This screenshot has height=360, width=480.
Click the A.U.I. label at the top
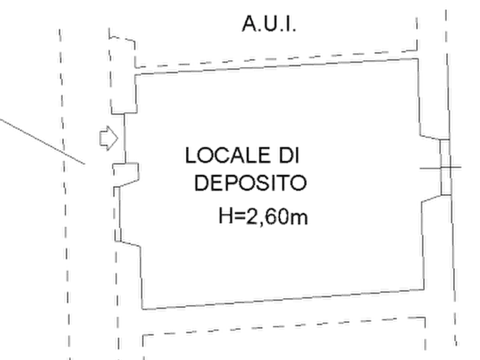[269, 24]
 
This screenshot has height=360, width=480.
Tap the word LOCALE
[228, 155]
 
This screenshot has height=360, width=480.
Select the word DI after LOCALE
[289, 155]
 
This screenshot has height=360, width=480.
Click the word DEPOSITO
[250, 183]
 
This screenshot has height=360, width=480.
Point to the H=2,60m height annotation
[263, 217]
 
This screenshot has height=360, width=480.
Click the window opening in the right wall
[446, 167]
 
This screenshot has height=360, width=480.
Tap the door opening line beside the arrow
[125, 138]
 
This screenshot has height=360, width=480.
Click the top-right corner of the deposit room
[418, 59]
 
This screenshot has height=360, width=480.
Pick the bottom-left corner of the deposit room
[142, 309]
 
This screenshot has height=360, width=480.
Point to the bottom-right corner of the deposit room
[424, 289]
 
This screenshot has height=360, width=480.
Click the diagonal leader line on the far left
[42, 142]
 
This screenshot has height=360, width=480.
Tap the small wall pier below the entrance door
[126, 175]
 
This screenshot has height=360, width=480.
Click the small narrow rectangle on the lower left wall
[118, 235]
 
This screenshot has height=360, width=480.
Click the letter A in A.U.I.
[249, 24]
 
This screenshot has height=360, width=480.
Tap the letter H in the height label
[226, 216]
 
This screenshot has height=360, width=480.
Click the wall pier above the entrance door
[123, 75]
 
